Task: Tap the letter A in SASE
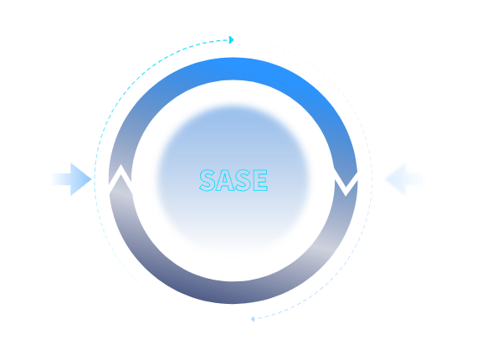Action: coord(225,180)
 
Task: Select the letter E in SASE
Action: coord(259,180)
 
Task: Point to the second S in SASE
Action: coord(243,180)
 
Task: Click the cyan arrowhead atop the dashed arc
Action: coord(232,40)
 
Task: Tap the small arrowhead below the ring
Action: coord(253,319)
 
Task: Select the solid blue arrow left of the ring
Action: coord(71,179)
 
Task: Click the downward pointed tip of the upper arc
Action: coord(346,187)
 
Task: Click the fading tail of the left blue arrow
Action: coord(61,179)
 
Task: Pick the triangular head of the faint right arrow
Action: coord(396,179)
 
